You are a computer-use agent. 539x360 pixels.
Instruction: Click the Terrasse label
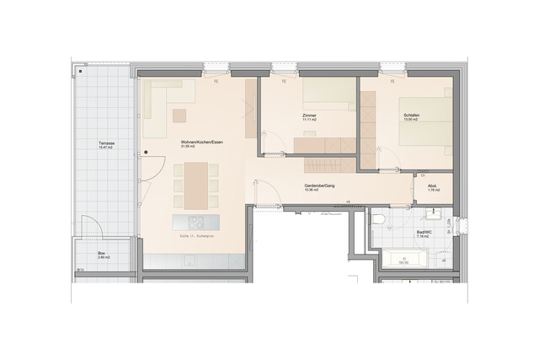pos(106,143)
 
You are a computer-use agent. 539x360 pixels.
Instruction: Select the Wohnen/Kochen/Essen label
pos(201,143)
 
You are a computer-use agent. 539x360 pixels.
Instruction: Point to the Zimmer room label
pos(308,115)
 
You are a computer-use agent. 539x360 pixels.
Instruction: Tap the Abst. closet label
pos(432,187)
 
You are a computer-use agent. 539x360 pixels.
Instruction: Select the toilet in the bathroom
pos(378,221)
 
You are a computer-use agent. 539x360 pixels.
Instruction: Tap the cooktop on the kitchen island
pos(195,222)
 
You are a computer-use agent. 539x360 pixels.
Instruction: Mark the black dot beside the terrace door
pos(145,153)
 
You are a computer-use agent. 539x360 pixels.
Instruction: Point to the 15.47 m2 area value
pos(106,148)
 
